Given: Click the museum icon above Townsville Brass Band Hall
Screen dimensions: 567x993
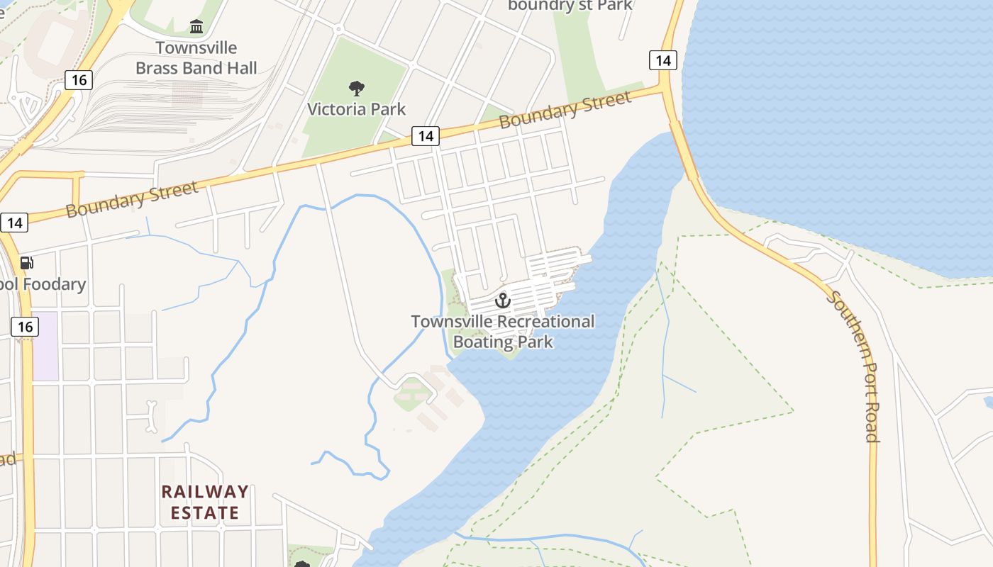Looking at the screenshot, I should click(196, 28).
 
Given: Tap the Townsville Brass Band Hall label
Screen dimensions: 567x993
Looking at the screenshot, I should click(196, 58).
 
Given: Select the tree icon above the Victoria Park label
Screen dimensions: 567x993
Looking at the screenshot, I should click(357, 89).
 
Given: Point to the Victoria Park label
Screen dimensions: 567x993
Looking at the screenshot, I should click(357, 109).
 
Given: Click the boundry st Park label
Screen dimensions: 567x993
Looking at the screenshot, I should click(570, 6).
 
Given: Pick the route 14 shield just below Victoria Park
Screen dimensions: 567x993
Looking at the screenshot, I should click(425, 136).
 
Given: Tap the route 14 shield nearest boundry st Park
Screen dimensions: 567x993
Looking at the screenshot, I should click(662, 60).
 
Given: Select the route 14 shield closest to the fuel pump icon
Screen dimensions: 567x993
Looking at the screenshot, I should click(14, 223).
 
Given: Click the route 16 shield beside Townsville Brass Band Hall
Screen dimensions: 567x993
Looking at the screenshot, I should click(79, 80).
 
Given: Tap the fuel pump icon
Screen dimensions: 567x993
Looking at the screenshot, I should click(27, 264).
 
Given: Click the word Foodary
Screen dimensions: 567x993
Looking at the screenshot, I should click(54, 285).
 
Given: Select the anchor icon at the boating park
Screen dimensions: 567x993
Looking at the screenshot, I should click(503, 301).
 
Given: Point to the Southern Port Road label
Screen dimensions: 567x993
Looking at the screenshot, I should click(855, 366).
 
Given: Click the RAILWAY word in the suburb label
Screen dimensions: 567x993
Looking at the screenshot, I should click(205, 492).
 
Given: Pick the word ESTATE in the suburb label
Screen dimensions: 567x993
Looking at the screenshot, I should click(205, 512).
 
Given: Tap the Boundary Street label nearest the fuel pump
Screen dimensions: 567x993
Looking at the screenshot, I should click(132, 200).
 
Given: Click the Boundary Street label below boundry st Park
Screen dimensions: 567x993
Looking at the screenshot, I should click(565, 110).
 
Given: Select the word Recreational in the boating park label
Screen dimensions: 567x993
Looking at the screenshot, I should click(545, 322).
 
